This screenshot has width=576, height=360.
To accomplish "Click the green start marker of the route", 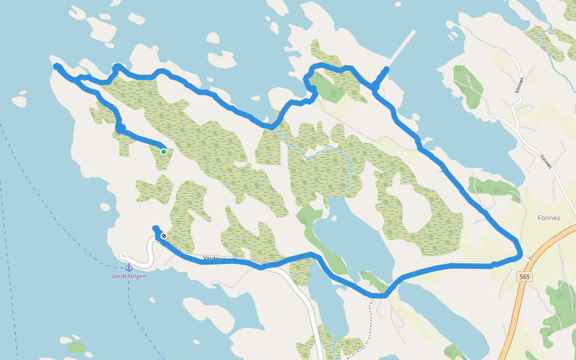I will pos(163,152).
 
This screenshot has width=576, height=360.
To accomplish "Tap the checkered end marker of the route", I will pos(163,236).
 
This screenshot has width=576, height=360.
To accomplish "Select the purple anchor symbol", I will pos(128,268).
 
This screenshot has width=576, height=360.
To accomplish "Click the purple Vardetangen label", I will pos(128,277).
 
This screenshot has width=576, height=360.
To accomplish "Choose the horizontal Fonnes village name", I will pos(550,218).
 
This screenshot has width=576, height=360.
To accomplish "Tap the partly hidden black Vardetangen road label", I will pos(214,259).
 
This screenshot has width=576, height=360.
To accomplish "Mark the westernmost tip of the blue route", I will pos(56,67).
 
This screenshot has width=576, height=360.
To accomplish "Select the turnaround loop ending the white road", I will pos(124,256).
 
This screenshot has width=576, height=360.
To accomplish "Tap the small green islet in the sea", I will pos(77,347).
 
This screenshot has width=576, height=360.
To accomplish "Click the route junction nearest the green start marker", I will pos(121,128).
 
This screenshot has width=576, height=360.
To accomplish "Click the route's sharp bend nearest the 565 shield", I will pos(519,252).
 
